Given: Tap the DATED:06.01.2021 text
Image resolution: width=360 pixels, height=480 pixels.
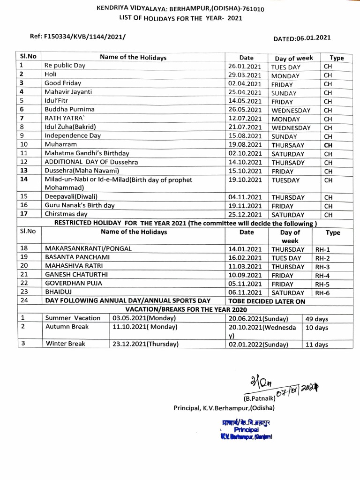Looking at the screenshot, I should (x=304, y=40).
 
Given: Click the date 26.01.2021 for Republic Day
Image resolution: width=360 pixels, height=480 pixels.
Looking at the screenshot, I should (x=244, y=66).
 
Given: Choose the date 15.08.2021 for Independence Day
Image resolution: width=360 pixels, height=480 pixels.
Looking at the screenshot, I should (x=244, y=136).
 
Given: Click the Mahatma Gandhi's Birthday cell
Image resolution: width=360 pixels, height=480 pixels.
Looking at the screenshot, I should (x=87, y=153).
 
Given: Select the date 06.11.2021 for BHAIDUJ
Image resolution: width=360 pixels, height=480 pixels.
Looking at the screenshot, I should (x=244, y=292).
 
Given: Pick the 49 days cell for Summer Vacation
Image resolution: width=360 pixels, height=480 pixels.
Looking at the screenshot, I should (x=317, y=318).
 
